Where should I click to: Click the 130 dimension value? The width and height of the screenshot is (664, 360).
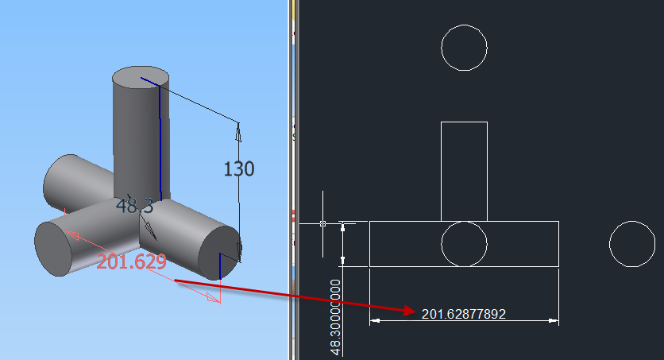tap(238, 169)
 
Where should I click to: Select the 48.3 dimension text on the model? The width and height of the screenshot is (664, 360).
tap(134, 206)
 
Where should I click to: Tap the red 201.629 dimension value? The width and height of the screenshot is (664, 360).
tap(131, 262)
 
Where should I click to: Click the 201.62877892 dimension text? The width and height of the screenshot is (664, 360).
tap(463, 314)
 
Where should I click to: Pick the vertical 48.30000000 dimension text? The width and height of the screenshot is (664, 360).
tap(336, 316)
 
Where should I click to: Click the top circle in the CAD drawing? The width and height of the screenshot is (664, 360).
tap(464, 48)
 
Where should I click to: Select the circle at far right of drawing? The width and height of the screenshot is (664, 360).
tap(632, 244)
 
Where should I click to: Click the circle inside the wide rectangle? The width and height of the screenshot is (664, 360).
tap(464, 244)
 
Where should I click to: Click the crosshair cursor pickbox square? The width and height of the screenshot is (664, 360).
tap(322, 224)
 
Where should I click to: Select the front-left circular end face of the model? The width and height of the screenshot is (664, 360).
tap(52, 248)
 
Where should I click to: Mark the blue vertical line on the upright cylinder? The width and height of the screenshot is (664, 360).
tap(160, 143)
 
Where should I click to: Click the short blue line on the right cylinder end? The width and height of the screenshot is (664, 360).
tap(218, 265)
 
